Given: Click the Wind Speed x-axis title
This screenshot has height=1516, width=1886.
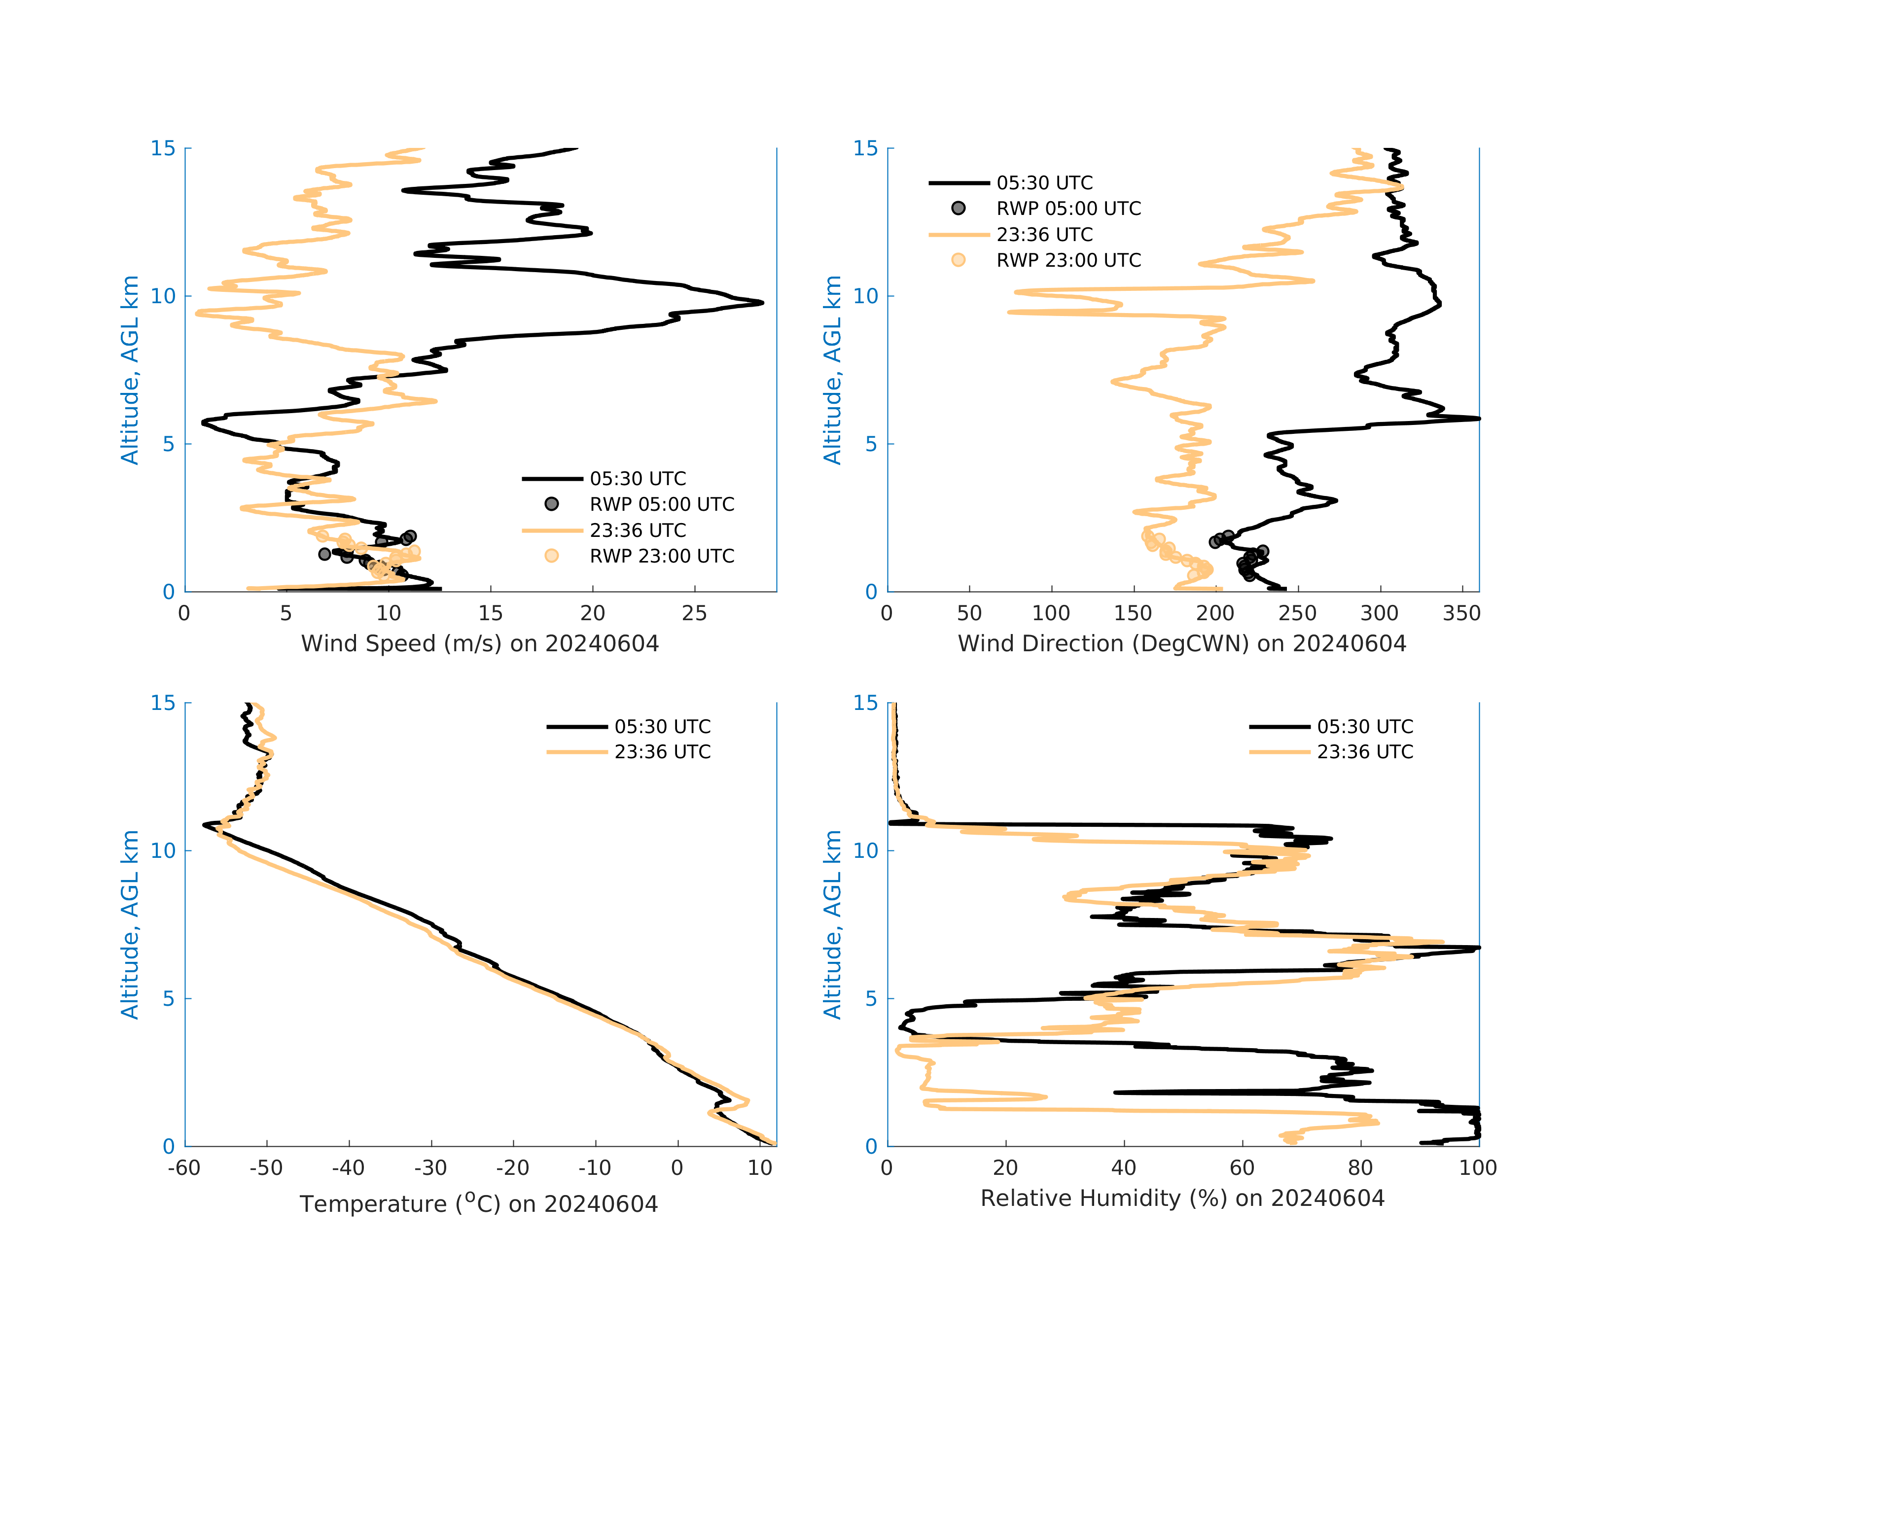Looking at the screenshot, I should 479,644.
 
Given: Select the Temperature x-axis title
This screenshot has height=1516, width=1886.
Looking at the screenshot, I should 478,1204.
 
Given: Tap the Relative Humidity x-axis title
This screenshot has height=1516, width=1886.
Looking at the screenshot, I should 1182,1199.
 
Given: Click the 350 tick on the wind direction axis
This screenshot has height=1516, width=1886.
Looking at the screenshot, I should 1461,613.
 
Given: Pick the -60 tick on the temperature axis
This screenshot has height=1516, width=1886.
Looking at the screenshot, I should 184,1168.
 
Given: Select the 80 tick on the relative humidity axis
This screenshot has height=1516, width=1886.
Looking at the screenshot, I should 1360,1168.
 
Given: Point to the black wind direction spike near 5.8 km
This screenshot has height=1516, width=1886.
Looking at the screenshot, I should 1477,419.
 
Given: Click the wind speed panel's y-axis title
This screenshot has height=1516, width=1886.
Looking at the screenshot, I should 130,370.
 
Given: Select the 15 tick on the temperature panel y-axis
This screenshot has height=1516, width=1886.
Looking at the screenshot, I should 164,704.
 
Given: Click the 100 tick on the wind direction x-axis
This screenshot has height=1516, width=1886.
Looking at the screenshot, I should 1051,613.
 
